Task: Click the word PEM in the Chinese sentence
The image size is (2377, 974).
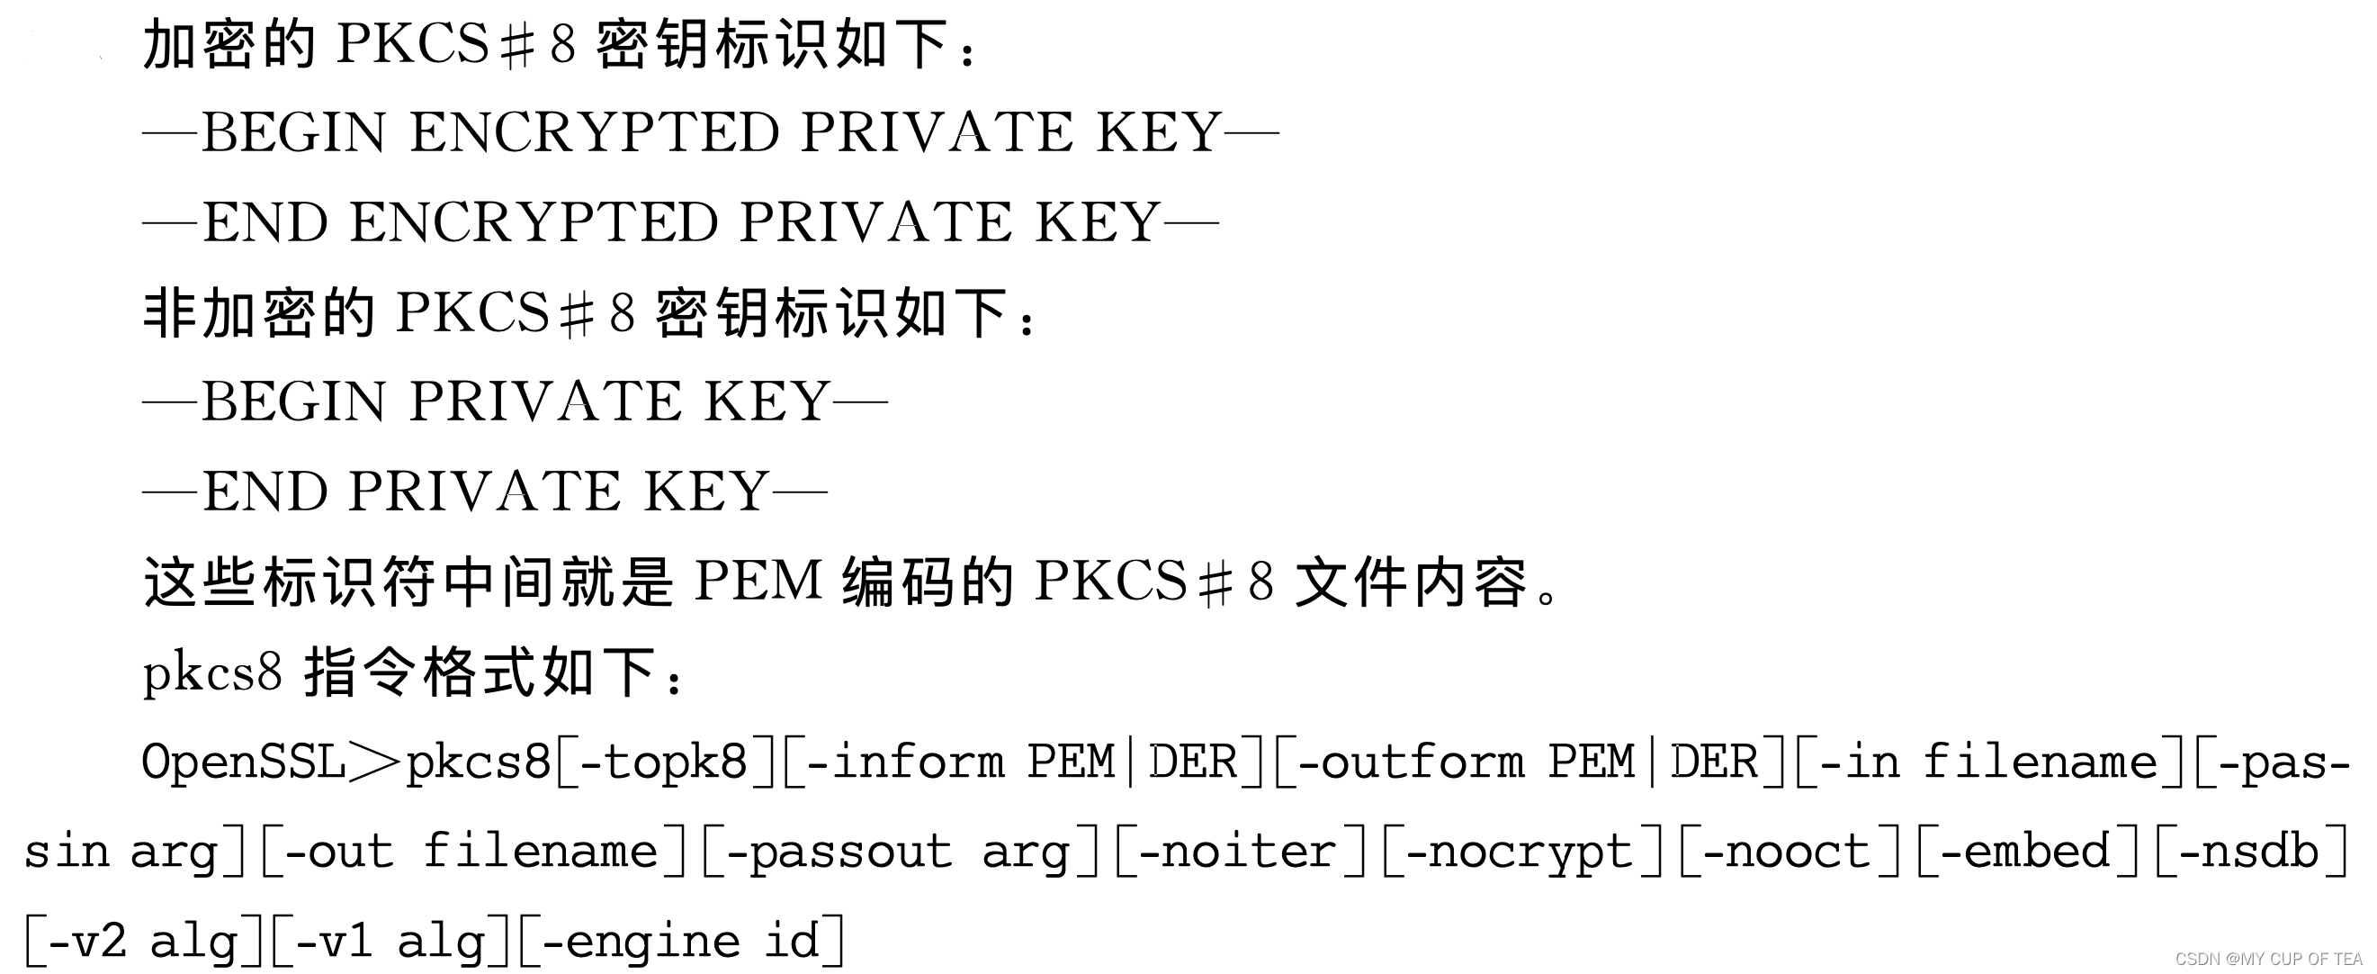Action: [x=758, y=582]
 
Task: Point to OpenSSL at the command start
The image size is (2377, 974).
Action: [x=244, y=762]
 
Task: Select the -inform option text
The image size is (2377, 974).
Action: [x=905, y=762]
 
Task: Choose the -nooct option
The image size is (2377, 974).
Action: [x=1787, y=852]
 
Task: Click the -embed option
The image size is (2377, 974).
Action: [x=2024, y=852]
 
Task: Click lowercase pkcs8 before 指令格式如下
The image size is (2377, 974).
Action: [x=212, y=672]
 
